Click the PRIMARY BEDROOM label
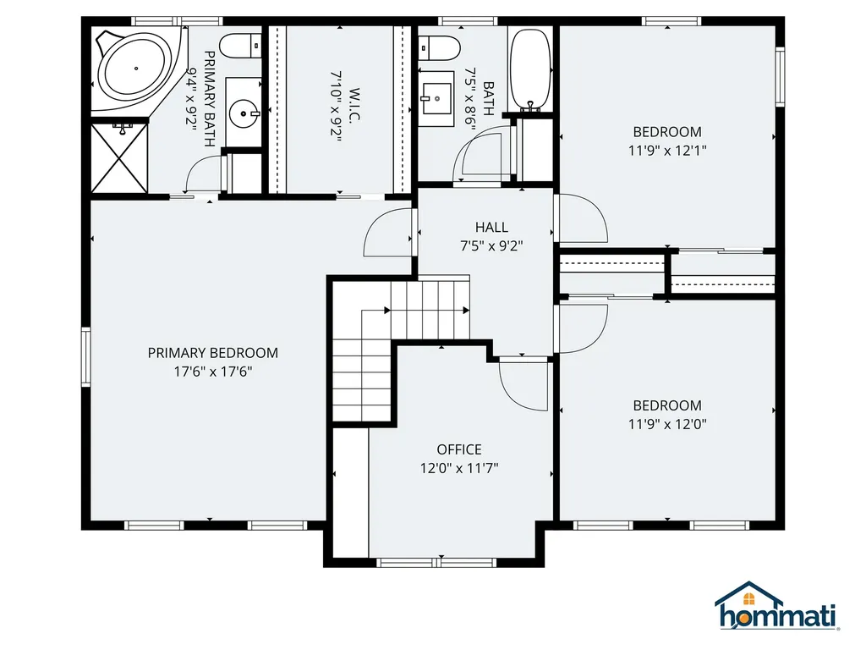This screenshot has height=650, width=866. coord(212,353)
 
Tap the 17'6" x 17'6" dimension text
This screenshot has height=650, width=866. coord(213,372)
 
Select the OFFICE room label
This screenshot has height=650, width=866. coord(459,449)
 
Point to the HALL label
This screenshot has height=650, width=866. coord(491,227)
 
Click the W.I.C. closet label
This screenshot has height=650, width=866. coord(354,105)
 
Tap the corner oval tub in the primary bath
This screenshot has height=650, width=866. coord(136,68)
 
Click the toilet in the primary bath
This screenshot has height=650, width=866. coord(240,46)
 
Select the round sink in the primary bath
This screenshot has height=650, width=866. coord(244,113)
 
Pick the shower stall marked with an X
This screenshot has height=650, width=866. coord(119,158)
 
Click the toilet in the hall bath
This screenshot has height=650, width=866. coord(439,48)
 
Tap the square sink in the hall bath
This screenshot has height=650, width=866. coord(436,99)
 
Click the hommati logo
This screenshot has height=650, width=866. coord(776,606)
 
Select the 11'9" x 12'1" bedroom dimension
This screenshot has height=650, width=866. coord(667,151)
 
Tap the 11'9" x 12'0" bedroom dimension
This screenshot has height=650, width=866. coord(667,424)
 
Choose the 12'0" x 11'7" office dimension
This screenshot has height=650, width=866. coord(459,468)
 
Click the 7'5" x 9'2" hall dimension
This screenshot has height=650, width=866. coord(491,246)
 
